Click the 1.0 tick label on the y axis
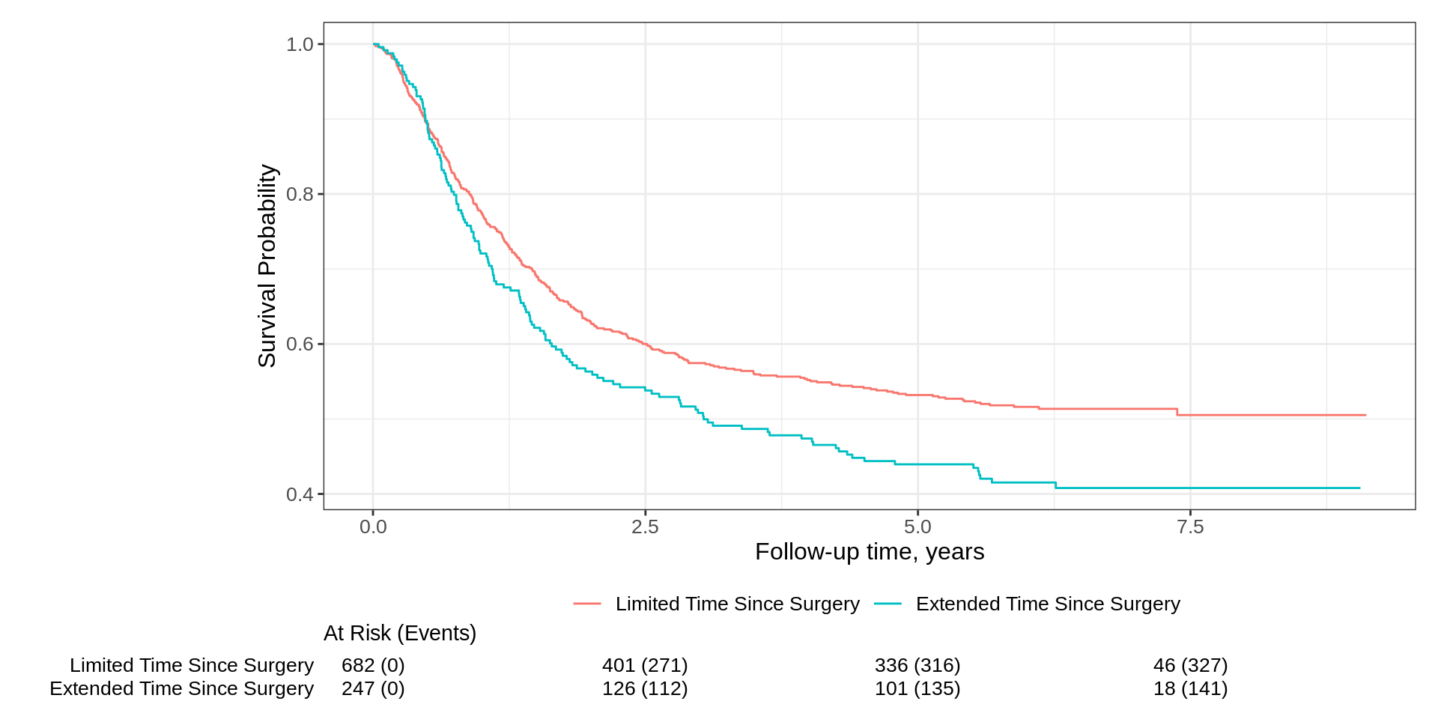(x=300, y=45)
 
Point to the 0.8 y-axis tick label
(x=300, y=195)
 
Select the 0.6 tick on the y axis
(x=300, y=345)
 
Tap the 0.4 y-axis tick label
(x=300, y=494)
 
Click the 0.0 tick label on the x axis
(x=373, y=527)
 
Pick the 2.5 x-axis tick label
(x=645, y=527)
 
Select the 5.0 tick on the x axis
(x=917, y=527)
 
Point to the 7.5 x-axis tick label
(x=1190, y=527)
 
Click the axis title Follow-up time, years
(x=869, y=552)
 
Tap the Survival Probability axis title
(x=267, y=266)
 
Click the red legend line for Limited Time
(x=587, y=604)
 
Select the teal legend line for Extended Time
(x=888, y=604)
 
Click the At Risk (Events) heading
(x=400, y=634)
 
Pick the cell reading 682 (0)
(x=373, y=665)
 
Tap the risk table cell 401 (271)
(x=645, y=665)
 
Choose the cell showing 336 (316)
(x=917, y=665)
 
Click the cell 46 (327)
(x=1190, y=665)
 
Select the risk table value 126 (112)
(x=645, y=688)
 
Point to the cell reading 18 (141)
(x=1190, y=688)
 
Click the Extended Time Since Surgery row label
(x=182, y=688)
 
